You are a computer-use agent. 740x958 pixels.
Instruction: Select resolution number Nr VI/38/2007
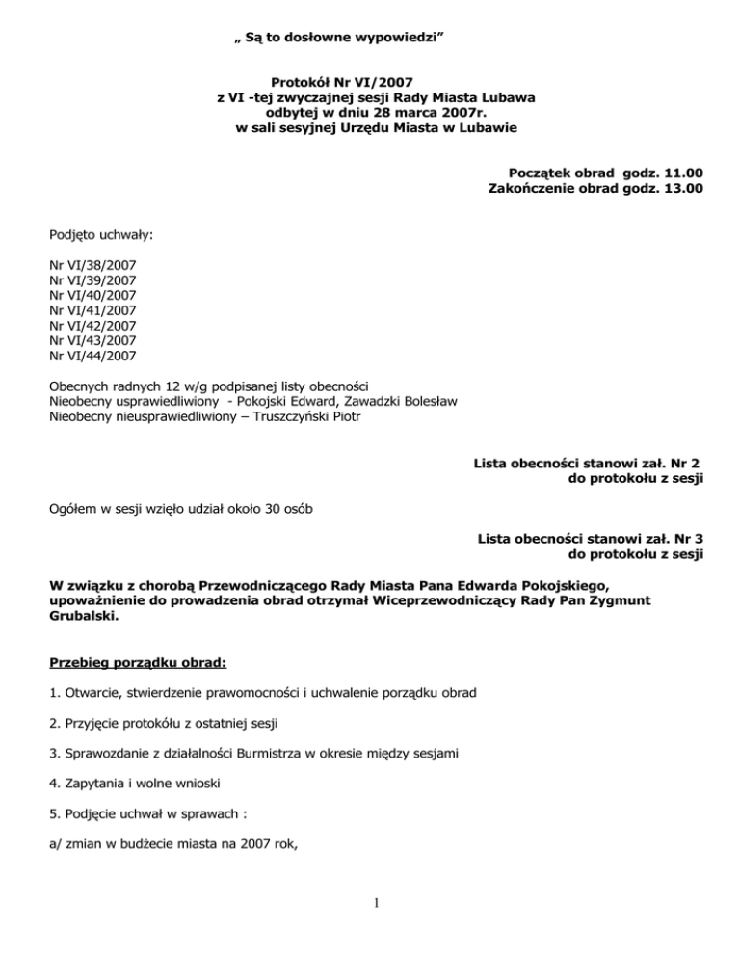[92, 264]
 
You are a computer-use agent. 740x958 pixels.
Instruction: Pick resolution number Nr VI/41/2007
[92, 310]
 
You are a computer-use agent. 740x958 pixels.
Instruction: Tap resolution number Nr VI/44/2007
[92, 357]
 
